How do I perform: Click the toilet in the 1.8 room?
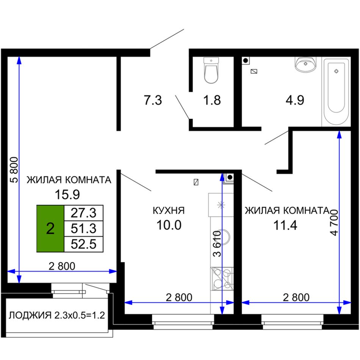pos(211,70)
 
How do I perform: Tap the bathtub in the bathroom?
pos(336,92)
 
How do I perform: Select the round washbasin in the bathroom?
pos(305,64)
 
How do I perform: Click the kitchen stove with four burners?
pos(222,279)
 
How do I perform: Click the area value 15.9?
pos(67,194)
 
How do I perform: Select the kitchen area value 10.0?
pos(169,225)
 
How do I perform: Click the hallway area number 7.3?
pos(153,100)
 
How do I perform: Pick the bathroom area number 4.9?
pos(295,100)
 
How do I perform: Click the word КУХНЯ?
pos(169,211)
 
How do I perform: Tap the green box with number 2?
pos(50,229)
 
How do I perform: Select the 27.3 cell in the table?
pos(84,213)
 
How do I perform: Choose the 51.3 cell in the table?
pos(84,229)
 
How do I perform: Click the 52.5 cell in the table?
pos(84,244)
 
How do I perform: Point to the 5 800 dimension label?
pos(14,170)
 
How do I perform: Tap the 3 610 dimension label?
pos(217,244)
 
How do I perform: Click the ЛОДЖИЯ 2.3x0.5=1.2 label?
pos(57,315)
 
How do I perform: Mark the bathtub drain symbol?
pos(337,71)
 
